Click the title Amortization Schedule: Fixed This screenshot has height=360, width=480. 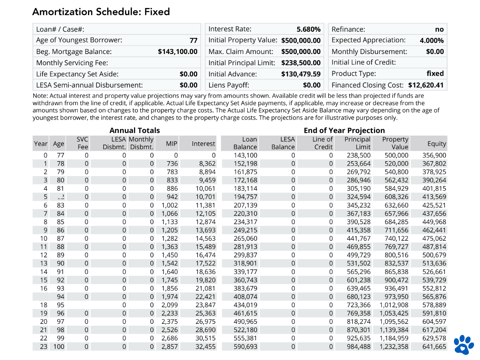pos(101,12)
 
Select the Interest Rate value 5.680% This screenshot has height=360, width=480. pos(308,29)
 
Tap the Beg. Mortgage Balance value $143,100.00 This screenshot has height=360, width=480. pos(178,52)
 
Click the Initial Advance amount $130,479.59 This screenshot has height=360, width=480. pos(301,74)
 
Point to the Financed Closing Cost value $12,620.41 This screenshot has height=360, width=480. pos(426,85)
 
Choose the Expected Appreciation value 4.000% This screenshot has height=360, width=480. pos(431,40)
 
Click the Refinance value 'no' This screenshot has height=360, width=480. pos(439,29)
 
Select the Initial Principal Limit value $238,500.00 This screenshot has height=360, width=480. pos(301,63)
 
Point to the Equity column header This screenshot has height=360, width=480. pos(436,144)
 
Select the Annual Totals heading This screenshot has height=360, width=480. pos(134,130)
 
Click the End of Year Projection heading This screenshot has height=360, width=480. pos(344,130)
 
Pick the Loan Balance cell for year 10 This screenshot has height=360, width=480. pos(245,238)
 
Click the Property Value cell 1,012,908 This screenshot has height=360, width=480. pos(394,305)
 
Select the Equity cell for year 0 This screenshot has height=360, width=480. pos(434,155)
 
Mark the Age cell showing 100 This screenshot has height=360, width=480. pos(58,346)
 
